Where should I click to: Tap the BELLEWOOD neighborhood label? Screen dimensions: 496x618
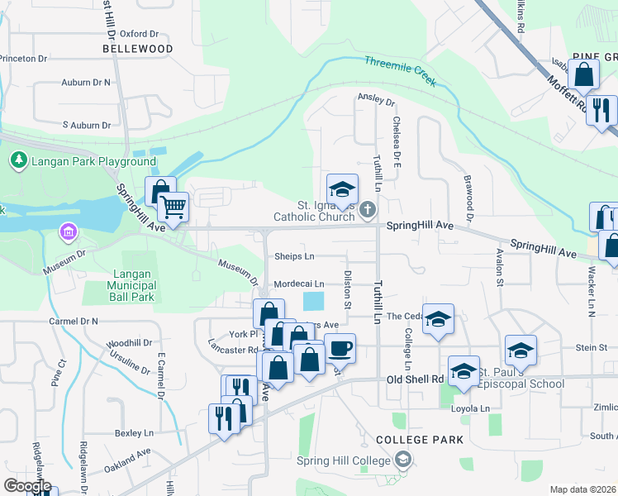(138, 49)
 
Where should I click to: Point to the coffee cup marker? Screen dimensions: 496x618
(340, 348)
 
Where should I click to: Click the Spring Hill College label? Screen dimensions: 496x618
(350, 460)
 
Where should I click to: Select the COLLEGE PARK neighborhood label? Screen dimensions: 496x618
(420, 440)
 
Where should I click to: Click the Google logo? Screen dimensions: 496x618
(26, 485)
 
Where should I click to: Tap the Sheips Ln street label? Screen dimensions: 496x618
(295, 256)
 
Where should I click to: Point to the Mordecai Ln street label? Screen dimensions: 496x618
(299, 284)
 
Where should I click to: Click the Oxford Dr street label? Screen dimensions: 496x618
(139, 34)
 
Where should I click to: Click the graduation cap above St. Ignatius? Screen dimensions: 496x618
(342, 188)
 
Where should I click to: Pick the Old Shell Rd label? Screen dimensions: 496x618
(416, 379)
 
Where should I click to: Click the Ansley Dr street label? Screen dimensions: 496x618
(376, 102)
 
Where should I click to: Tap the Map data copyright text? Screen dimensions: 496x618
(582, 489)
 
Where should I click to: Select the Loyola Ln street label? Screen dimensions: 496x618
(470, 408)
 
